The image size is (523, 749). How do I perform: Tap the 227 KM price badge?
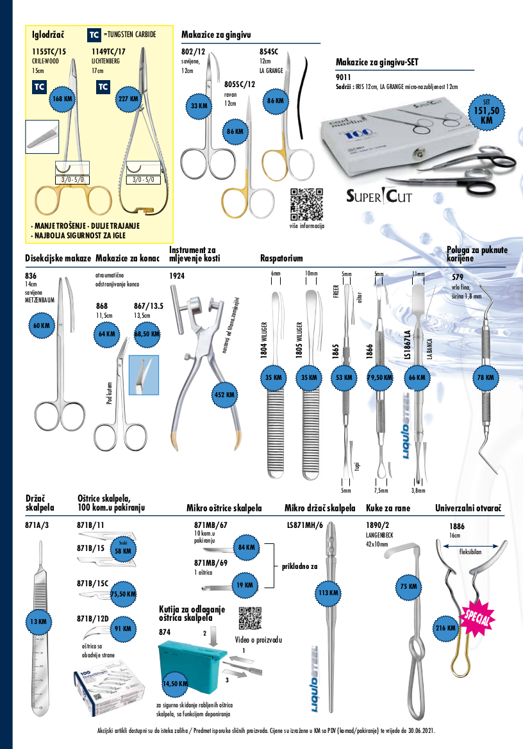(128, 99)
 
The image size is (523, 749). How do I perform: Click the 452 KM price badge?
(226, 395)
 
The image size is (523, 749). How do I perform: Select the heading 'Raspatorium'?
(281, 258)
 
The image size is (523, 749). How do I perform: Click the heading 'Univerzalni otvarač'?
(468, 508)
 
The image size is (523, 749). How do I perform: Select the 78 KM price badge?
(485, 378)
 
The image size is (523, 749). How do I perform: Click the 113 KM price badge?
(328, 593)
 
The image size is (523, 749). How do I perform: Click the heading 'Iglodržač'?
(45, 34)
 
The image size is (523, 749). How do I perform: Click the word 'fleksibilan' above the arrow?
(471, 551)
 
